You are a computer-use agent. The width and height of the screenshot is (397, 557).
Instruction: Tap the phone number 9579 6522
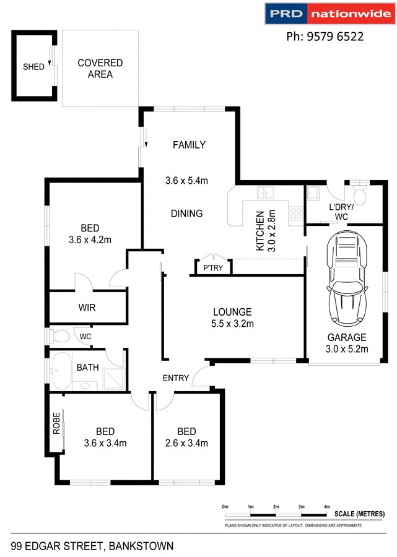coord(324,37)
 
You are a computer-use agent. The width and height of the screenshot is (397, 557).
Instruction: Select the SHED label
coord(33,67)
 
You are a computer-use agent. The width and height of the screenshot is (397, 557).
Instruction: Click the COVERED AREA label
coord(100,68)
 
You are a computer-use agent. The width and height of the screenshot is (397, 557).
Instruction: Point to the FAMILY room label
coord(189,145)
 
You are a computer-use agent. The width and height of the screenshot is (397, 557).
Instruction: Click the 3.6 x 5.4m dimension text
coord(186,181)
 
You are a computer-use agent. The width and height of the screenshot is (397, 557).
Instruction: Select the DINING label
coord(186,214)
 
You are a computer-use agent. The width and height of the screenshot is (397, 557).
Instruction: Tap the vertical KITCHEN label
coord(261,231)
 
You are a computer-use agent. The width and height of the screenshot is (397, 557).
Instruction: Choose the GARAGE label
coord(347,337)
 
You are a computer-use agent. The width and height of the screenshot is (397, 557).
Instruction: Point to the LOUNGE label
coord(232,312)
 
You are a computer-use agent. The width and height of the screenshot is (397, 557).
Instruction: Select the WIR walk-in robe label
coord(87,307)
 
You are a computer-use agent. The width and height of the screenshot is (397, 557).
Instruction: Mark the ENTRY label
coord(176,378)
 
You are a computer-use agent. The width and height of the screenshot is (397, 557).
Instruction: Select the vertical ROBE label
coord(56,423)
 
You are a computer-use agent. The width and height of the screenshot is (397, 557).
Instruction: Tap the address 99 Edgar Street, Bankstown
coord(92,546)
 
